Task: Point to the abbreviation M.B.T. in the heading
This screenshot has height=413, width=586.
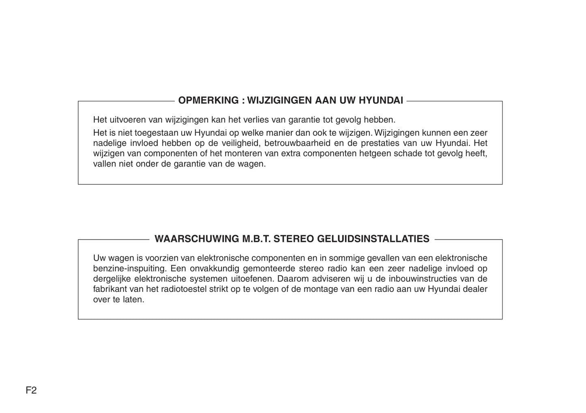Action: [256, 239]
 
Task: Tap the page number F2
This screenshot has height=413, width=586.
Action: [31, 391]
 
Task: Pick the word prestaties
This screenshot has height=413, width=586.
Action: [380, 143]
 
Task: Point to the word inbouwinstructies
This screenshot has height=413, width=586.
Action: [424, 279]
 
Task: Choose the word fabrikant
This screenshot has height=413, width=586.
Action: [109, 289]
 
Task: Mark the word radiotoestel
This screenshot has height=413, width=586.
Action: [184, 289]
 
